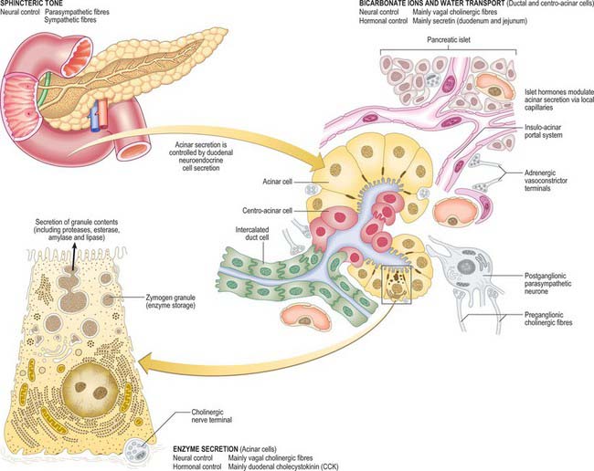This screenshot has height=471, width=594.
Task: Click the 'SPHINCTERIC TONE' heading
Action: click(31, 3)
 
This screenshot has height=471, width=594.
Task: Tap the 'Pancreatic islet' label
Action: click(449, 40)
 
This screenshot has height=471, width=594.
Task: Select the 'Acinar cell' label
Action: click(277, 182)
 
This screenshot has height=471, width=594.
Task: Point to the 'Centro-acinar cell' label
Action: click(267, 210)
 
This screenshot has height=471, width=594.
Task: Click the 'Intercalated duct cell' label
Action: click(252, 234)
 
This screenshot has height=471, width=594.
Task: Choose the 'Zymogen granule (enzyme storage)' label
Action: click(171, 301)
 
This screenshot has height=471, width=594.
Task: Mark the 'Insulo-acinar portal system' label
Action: click(543, 131)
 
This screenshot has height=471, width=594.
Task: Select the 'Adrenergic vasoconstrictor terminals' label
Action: click(546, 180)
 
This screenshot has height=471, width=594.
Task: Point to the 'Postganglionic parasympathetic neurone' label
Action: click(547, 283)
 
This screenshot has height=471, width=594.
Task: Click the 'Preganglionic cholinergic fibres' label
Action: click(548, 319)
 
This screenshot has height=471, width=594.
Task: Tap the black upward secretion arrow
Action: click(74, 256)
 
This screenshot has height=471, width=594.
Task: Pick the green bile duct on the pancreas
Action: click(43, 91)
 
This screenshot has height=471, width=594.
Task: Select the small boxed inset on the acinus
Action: click(397, 285)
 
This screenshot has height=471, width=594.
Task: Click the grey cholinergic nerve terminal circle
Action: click(135, 450)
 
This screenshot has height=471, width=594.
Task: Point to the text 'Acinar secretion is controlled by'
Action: click(201, 149)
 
